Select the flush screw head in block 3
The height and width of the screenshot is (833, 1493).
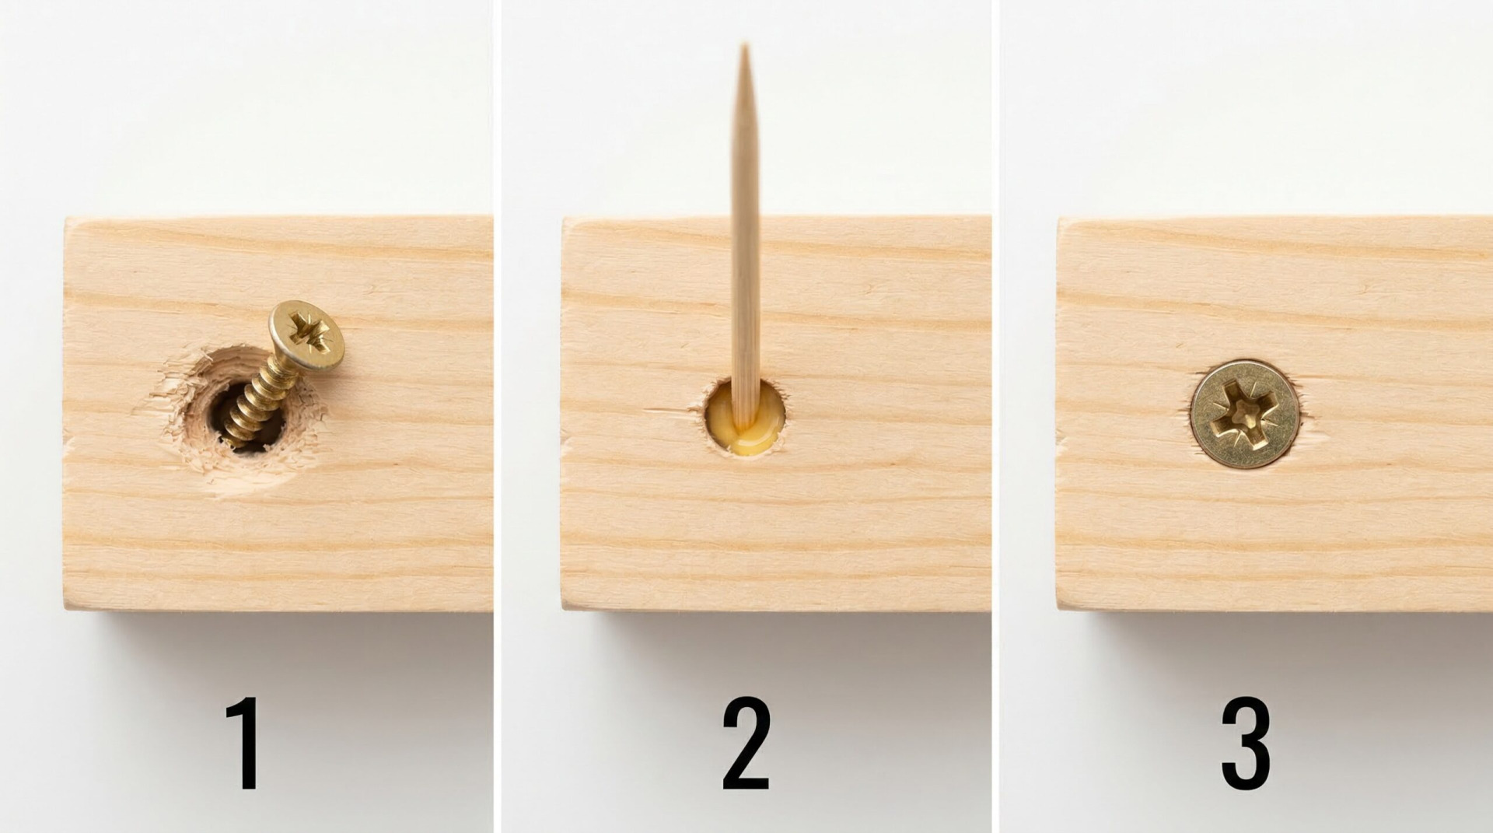1245,414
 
